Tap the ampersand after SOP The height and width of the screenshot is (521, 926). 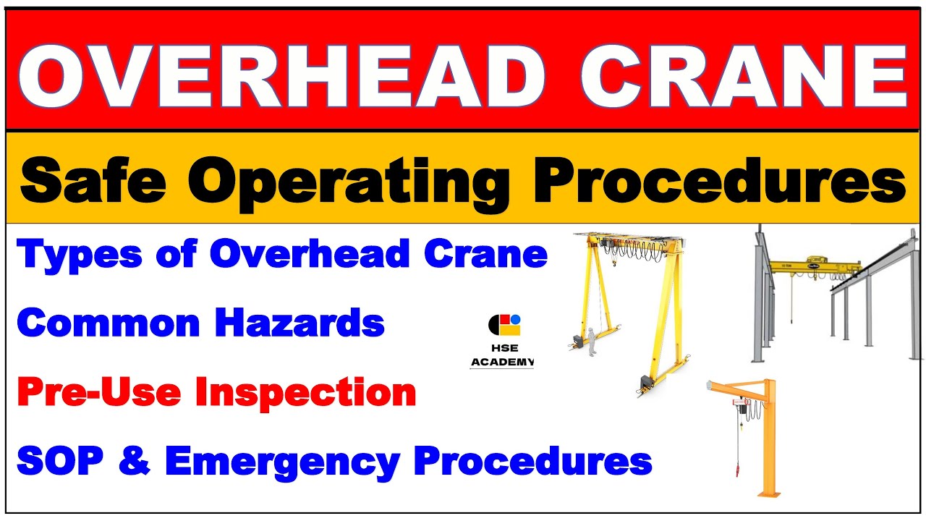(135, 460)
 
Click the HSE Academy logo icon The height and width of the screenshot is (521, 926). (504, 325)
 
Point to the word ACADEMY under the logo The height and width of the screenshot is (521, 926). (502, 361)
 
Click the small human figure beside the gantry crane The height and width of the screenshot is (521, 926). (591, 342)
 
